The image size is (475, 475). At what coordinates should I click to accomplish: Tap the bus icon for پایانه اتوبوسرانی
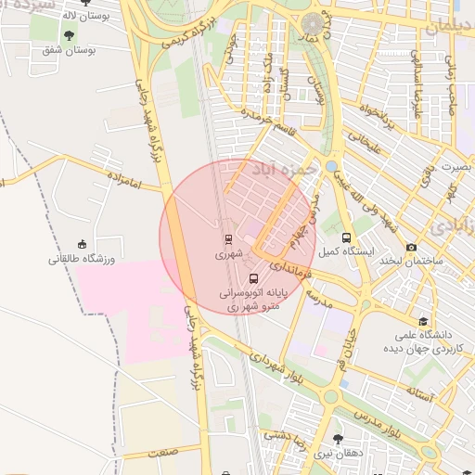pos(254,277)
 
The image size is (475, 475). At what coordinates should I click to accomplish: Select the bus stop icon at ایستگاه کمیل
pos(347,237)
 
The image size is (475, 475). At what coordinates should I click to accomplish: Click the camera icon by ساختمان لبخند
pos(411,247)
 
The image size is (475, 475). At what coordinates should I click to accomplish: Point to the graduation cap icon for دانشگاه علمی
pos(424,320)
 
